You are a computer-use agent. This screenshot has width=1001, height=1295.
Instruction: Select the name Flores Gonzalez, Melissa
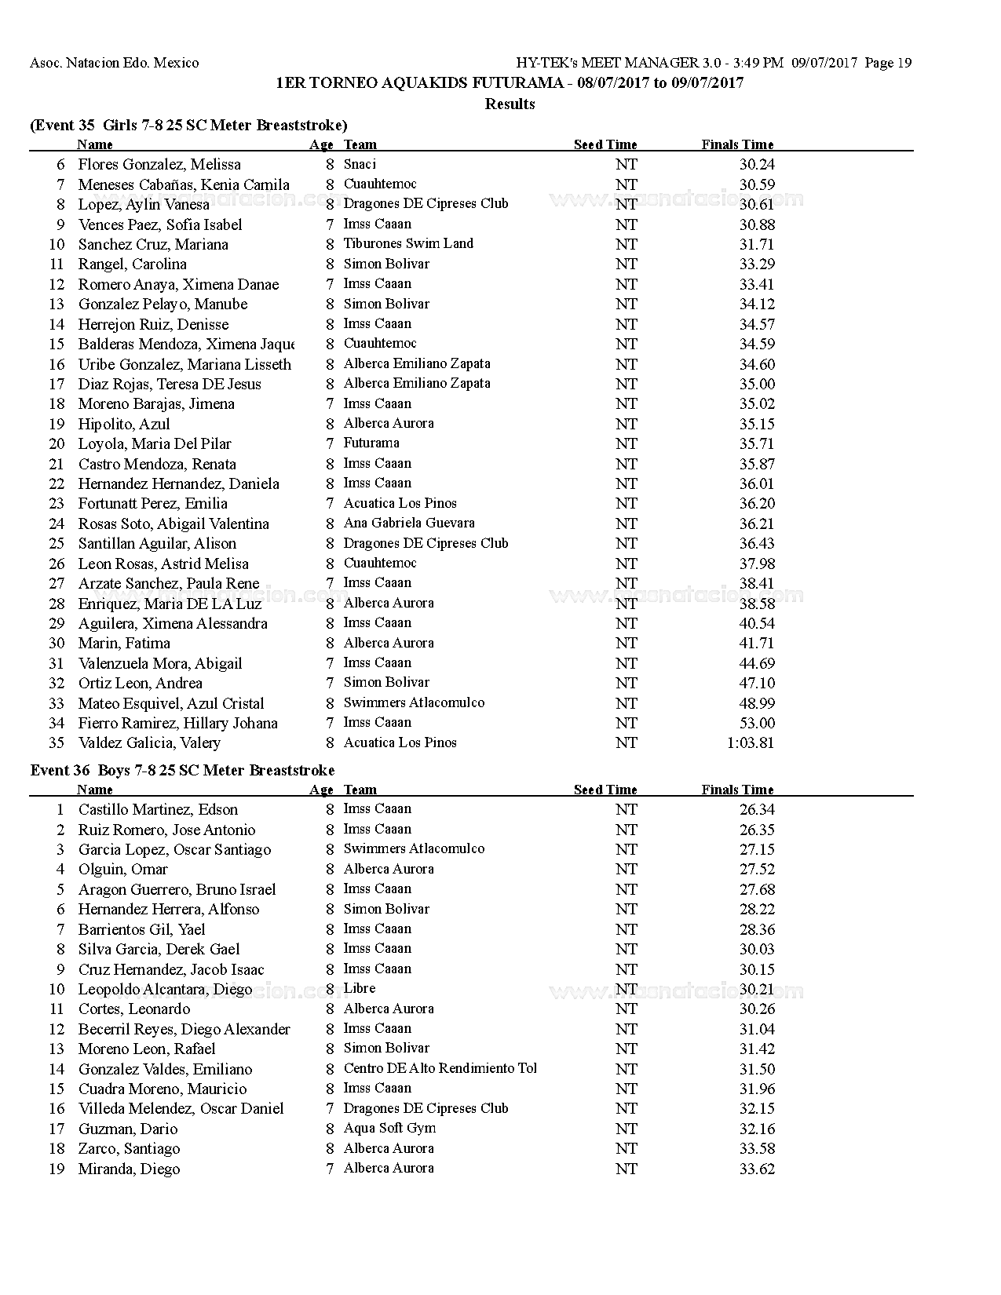tap(159, 164)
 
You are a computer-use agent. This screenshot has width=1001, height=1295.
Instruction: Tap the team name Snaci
tap(360, 164)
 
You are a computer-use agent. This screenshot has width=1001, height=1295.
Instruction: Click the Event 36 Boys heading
tap(182, 770)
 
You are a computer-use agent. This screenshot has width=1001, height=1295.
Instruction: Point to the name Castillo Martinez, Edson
tap(157, 809)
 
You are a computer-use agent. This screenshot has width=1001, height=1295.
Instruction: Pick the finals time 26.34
tap(757, 809)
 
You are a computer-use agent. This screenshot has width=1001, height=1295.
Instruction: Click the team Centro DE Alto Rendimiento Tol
tap(440, 1068)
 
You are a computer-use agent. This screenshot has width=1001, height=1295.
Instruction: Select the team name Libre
tap(359, 988)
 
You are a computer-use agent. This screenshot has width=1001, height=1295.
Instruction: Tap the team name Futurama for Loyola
tap(371, 443)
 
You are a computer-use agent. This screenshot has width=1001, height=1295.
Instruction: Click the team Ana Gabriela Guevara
tap(408, 523)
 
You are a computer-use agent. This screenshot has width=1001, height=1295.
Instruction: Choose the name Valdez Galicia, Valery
tap(149, 742)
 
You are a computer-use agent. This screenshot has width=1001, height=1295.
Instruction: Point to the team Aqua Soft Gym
tap(389, 1128)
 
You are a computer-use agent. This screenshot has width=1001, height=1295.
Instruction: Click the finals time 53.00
tap(757, 723)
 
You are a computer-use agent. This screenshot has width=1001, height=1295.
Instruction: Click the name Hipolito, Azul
tap(123, 424)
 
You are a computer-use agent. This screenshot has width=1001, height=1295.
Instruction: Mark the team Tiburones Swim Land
tap(408, 243)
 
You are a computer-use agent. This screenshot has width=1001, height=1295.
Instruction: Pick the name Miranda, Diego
tap(129, 1169)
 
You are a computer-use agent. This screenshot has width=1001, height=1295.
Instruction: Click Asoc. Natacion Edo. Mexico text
tap(115, 63)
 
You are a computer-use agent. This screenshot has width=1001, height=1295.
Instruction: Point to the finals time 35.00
tap(757, 384)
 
